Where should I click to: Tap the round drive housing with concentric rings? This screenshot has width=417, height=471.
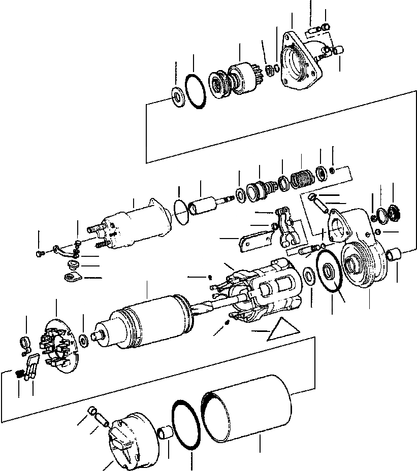[x=363, y=266]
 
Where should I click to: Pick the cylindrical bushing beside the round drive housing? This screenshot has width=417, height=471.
[x=395, y=255]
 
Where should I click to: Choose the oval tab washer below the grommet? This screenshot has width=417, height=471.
[x=73, y=277]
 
